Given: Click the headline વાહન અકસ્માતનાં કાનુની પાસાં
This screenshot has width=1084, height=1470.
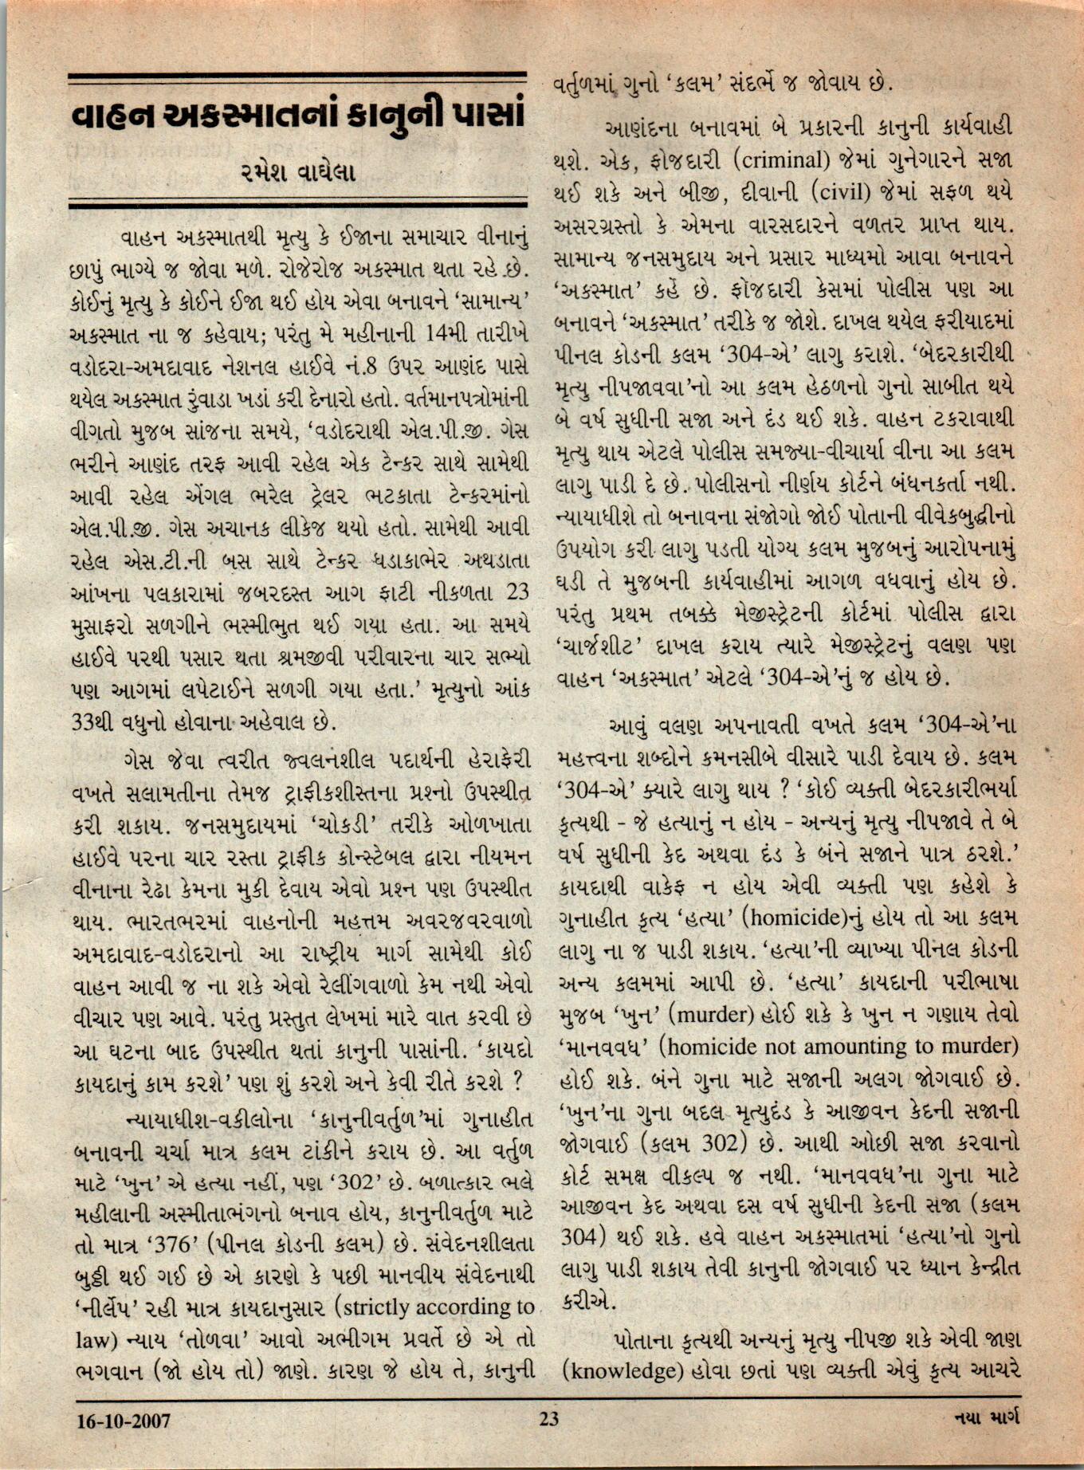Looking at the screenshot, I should (x=297, y=116).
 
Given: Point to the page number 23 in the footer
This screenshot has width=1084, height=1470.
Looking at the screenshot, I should (x=548, y=1419).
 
